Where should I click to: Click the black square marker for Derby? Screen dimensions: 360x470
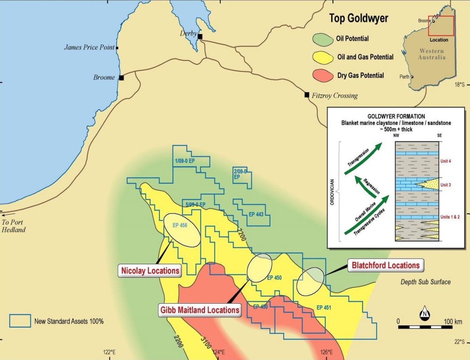point(200,37)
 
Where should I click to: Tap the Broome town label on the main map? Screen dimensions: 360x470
point(104,78)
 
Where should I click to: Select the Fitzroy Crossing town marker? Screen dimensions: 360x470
point(307,94)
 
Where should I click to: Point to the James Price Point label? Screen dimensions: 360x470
point(89,47)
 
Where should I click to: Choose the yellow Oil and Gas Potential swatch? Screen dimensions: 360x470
point(323,57)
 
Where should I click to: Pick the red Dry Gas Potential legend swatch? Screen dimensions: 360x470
point(323,75)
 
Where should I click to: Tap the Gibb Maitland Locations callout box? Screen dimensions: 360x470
point(198,310)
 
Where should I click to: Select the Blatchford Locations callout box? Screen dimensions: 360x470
point(385,265)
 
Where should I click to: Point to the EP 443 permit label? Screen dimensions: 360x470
point(256,214)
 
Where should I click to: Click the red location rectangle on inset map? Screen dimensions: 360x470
point(441,25)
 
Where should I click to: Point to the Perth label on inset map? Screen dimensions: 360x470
point(404,77)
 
